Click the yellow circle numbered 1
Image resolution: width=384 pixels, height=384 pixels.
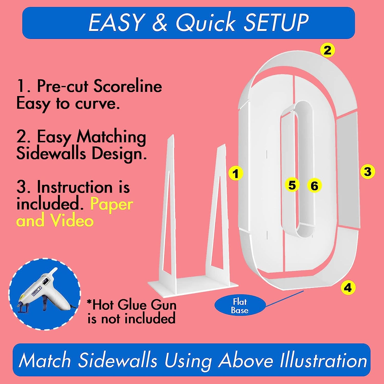pos(236,174)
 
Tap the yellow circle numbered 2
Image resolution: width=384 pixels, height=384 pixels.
pos(327,50)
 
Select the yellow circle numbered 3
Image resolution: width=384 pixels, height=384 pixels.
pos(367,171)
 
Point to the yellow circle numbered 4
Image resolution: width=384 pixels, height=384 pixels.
pos(348,287)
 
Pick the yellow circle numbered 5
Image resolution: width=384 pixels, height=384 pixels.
pos(292,185)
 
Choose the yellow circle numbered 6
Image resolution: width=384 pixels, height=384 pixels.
pos(314,185)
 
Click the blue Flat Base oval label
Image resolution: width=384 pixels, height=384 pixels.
pos(240,306)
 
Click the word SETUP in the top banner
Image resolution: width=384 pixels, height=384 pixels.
pos(276,22)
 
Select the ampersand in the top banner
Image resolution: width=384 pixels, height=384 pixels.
pos(159,22)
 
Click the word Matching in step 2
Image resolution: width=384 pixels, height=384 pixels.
pos(111,137)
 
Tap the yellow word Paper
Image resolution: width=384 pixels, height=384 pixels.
pos(112,204)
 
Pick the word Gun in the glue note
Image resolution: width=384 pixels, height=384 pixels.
pos(164,305)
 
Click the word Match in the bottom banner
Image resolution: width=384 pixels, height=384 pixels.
pos(45,360)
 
